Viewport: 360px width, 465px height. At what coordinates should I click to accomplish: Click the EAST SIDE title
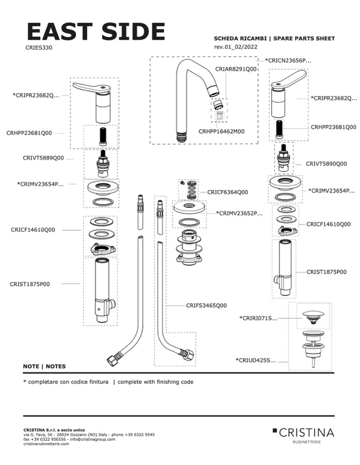[x=96, y=31]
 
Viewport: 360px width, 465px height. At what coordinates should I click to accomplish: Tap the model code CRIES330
[x=38, y=47]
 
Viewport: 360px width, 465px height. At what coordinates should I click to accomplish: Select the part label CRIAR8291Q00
[x=236, y=69]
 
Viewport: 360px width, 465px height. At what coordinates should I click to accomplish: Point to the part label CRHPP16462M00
[x=221, y=132]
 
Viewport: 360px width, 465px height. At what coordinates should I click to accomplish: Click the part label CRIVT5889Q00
[x=43, y=158]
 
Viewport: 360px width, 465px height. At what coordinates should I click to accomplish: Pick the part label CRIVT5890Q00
[x=326, y=164]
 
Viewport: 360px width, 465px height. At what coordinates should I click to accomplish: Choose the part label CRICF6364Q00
[x=227, y=192]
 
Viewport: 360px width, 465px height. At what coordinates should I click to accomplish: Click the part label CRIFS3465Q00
[x=206, y=306]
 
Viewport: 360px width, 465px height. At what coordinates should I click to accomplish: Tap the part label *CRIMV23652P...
[x=239, y=213]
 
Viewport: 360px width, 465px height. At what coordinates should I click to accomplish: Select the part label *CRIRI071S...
[x=258, y=318]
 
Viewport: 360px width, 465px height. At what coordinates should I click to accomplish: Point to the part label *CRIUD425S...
[x=256, y=360]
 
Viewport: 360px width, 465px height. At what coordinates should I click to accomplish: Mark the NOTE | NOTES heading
[x=44, y=366]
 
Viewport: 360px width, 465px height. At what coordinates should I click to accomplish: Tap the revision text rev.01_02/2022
[x=236, y=47]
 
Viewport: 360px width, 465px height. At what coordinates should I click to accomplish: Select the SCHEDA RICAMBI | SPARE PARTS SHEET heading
[x=274, y=39]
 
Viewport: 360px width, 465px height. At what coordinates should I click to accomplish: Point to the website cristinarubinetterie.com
[x=46, y=444]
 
